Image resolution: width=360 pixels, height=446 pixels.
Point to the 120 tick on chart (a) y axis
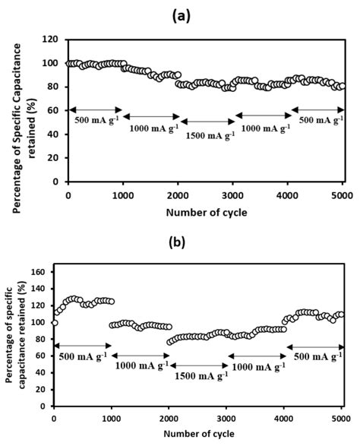pos(52,39)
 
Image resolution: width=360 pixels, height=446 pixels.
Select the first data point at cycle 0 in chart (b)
pos(54,322)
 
